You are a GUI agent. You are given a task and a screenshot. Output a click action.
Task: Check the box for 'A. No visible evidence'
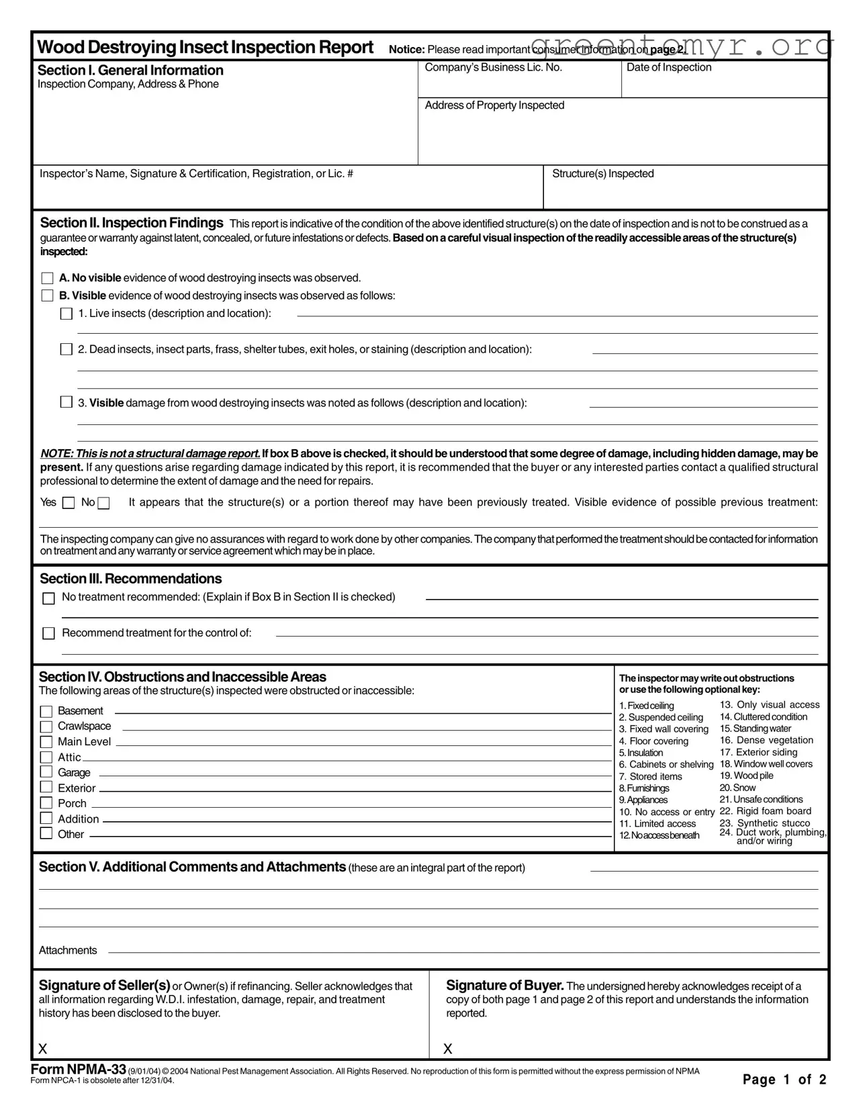[47, 278]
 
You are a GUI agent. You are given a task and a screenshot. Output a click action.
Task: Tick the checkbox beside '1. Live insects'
[66, 314]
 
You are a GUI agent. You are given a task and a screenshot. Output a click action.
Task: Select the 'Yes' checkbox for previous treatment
[69, 503]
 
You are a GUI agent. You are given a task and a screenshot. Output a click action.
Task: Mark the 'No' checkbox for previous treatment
[103, 503]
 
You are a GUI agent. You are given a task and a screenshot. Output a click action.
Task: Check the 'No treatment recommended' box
[48, 598]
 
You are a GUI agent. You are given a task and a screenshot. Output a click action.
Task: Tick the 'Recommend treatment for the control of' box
[48, 633]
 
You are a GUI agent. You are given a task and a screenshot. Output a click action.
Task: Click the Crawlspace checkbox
[46, 727]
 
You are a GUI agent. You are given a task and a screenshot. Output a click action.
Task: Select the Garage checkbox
[46, 772]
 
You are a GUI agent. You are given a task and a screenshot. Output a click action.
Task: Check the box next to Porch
[46, 803]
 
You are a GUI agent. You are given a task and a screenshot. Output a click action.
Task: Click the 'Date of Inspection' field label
[668, 67]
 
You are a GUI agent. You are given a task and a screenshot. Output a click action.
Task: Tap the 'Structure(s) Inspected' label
[602, 174]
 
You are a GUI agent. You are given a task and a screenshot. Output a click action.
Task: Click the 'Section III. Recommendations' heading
[130, 579]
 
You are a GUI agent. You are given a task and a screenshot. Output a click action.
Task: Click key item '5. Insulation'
[641, 753]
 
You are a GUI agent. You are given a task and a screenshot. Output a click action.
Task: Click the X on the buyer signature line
[448, 1049]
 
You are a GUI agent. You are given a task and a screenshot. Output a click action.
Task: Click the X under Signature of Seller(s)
[43, 1049]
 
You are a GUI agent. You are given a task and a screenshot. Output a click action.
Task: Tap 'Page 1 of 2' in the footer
[784, 1080]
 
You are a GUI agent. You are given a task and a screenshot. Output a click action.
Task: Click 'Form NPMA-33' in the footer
[78, 1070]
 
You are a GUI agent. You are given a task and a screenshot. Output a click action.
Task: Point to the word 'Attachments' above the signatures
[68, 950]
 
